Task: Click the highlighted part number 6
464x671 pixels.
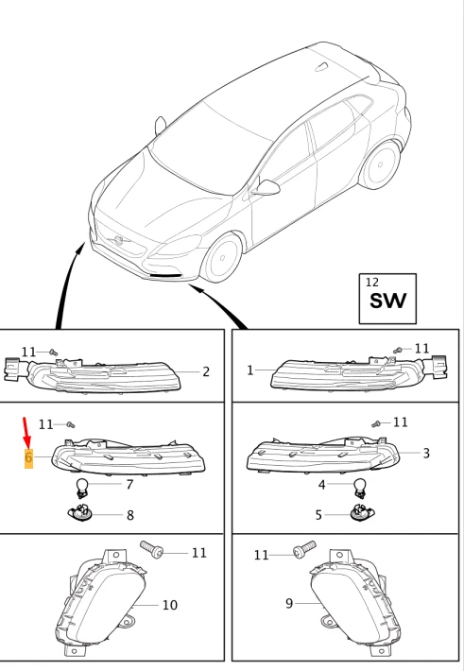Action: click(28, 458)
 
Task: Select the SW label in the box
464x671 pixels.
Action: click(387, 301)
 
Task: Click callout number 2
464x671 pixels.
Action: click(205, 372)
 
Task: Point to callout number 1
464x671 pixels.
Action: click(250, 370)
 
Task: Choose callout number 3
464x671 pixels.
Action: click(426, 454)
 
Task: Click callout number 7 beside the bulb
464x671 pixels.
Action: click(129, 485)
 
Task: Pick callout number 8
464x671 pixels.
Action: click(129, 515)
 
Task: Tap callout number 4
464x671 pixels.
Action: click(321, 485)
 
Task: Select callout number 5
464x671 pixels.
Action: click(318, 515)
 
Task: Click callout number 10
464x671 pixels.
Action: click(169, 605)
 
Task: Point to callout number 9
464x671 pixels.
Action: click(289, 603)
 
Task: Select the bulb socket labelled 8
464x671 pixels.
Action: click(82, 513)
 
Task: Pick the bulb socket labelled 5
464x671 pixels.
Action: click(359, 513)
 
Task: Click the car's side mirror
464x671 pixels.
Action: click(269, 188)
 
